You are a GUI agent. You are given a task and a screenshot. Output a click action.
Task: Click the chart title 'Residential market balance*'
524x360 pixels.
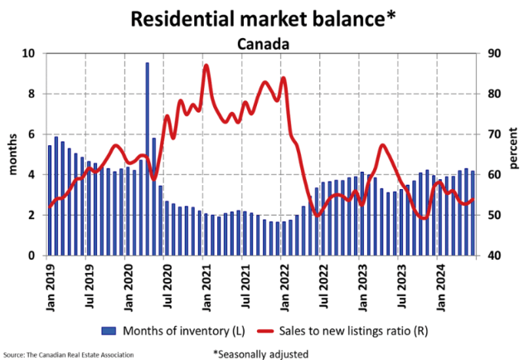[x=261, y=16]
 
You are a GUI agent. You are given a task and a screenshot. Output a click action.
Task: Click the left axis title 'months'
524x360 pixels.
[x=12, y=154]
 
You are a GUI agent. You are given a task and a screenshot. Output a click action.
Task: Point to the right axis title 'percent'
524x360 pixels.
[x=513, y=154]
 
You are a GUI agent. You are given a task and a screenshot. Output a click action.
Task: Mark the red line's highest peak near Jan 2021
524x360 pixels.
[x=206, y=66]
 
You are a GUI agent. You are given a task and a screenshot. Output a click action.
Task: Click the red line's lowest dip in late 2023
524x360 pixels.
[x=424, y=218]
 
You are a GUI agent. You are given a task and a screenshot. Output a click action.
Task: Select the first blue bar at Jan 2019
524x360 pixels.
[x=50, y=201]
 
